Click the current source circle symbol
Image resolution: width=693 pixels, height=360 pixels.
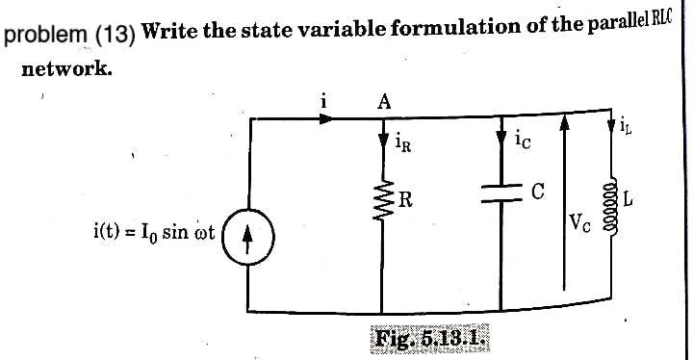(248, 235)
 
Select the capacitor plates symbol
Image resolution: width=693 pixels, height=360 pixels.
(500, 194)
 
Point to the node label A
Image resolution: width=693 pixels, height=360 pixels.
(383, 100)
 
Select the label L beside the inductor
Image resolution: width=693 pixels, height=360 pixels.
(629, 200)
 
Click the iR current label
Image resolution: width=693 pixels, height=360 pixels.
(404, 145)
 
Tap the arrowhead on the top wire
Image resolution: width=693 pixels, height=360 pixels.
(328, 119)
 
